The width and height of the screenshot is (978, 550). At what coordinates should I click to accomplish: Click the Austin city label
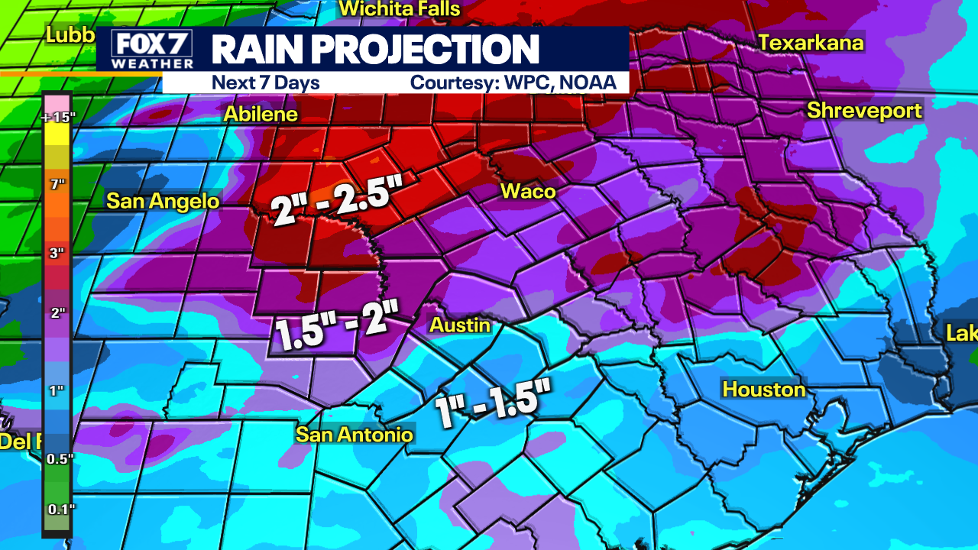coord(459,325)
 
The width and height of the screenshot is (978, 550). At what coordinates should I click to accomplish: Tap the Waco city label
coord(528,191)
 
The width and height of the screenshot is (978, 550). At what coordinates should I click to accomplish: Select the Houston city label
coord(764,390)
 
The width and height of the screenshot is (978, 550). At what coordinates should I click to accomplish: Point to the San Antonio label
coord(355,435)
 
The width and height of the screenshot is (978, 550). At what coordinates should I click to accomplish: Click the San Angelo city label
coord(163,201)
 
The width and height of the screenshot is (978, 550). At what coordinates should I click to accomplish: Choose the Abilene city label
coord(260,115)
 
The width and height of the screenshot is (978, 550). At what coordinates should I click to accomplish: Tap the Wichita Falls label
coord(400,9)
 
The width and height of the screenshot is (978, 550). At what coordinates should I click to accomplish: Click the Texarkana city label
coord(811,43)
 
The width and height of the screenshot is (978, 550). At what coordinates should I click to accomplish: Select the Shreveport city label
coord(864,110)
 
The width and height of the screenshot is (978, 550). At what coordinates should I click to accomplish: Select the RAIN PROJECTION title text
coord(375,49)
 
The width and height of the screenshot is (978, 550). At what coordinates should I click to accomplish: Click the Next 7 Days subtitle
coord(265,82)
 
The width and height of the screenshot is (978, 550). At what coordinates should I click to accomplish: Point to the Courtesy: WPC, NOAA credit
coord(513,82)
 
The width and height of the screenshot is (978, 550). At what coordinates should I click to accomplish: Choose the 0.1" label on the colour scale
coord(57,509)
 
